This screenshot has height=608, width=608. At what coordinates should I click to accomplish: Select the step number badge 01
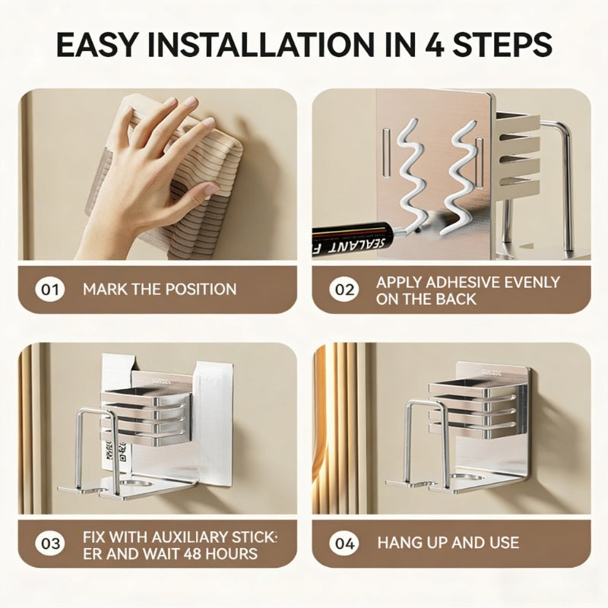[x=50, y=290]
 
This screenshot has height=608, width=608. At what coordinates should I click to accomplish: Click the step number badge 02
[x=343, y=290]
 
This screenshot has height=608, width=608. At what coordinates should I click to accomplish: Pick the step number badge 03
[x=50, y=543]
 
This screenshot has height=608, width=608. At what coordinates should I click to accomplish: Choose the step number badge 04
[x=343, y=543]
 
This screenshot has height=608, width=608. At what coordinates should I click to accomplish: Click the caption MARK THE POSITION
[x=160, y=290]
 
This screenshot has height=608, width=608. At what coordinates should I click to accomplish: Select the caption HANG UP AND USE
[x=448, y=543]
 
